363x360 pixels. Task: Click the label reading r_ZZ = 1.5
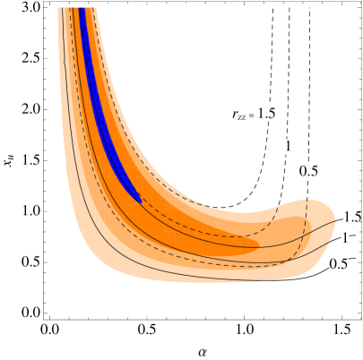coord(253,114)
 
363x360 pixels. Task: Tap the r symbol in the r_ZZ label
coord(235,114)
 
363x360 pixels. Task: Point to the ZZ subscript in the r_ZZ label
coord(242,116)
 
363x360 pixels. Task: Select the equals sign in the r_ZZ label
coord(252,115)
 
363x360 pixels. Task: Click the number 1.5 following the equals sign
coord(266,114)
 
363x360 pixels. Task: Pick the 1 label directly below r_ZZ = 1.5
coord(289,146)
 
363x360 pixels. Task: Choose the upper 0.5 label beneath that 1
coord(308,171)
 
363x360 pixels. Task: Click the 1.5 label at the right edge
coord(351,217)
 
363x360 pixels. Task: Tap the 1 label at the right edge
coord(344,238)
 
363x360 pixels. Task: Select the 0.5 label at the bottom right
coord(338,264)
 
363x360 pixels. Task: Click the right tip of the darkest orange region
coord(259,243)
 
